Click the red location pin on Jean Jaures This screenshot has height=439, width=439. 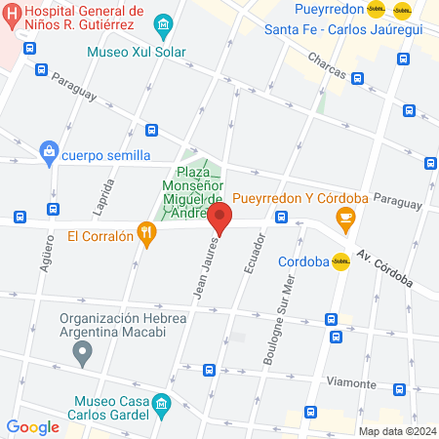[219, 219]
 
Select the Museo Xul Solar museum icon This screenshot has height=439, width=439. [164, 22]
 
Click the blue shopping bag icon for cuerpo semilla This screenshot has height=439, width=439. [48, 152]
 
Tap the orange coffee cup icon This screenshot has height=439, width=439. [343, 219]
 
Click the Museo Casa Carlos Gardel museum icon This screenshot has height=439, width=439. [162, 403]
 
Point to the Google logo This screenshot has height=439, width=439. [32, 426]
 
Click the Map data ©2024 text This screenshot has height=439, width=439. [396, 431]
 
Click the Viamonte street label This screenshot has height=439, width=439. [351, 383]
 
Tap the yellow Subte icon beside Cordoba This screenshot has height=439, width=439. [340, 261]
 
